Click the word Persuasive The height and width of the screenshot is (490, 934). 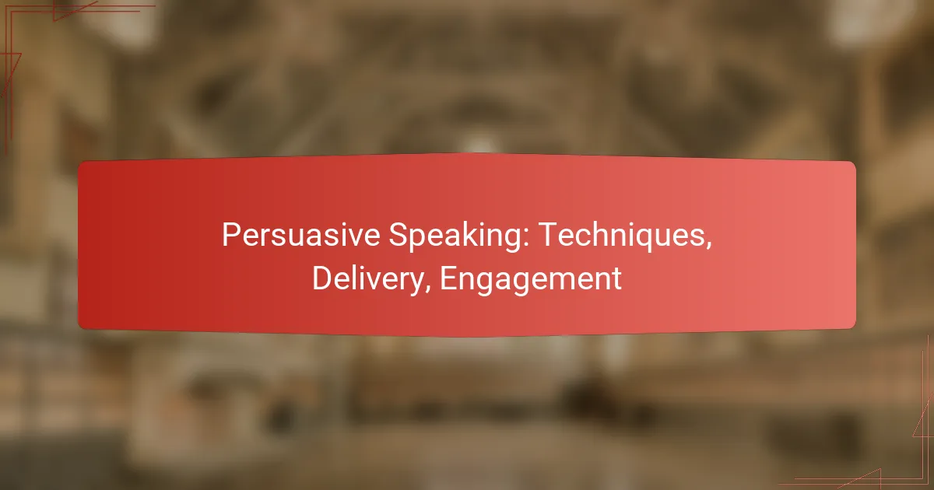(x=300, y=235)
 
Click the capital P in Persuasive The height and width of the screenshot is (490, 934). (x=230, y=235)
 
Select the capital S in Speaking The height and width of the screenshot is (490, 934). (x=399, y=235)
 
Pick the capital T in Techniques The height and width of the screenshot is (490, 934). (x=547, y=235)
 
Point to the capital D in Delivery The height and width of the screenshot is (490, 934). (x=323, y=278)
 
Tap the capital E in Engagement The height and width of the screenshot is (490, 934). (x=449, y=278)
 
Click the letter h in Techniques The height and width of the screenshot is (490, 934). (x=599, y=235)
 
